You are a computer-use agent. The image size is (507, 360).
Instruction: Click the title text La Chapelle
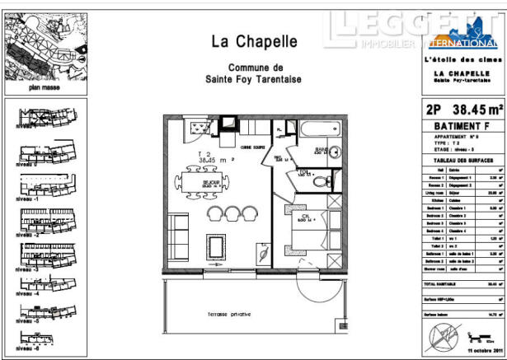(253, 40)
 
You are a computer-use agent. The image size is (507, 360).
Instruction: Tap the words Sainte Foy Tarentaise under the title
(253, 79)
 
